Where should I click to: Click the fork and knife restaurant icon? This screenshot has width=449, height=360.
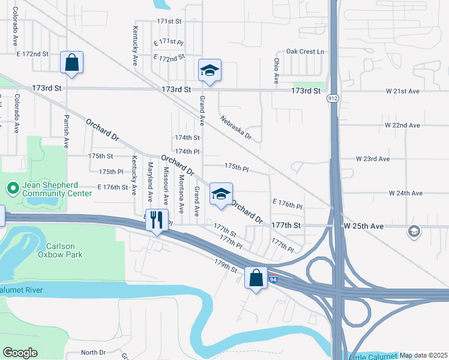click(x=157, y=220)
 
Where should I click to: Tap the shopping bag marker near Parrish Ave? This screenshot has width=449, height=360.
click(x=71, y=62)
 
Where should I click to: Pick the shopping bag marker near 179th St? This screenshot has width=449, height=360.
click(x=256, y=278)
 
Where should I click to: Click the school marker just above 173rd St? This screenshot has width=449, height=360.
click(x=209, y=70)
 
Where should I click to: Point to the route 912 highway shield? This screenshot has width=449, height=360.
click(x=332, y=98)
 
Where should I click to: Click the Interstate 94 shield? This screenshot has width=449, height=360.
click(x=273, y=279)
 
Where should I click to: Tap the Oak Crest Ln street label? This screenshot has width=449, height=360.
click(x=304, y=52)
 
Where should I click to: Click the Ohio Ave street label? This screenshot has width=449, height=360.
click(x=277, y=71)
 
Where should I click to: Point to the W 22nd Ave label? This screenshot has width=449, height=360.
click(x=403, y=125)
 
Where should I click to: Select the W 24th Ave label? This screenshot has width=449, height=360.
click(x=406, y=193)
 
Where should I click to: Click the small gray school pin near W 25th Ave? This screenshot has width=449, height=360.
click(x=414, y=231)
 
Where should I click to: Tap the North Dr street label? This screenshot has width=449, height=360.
click(x=93, y=352)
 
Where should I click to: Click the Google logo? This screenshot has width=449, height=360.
click(x=20, y=353)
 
